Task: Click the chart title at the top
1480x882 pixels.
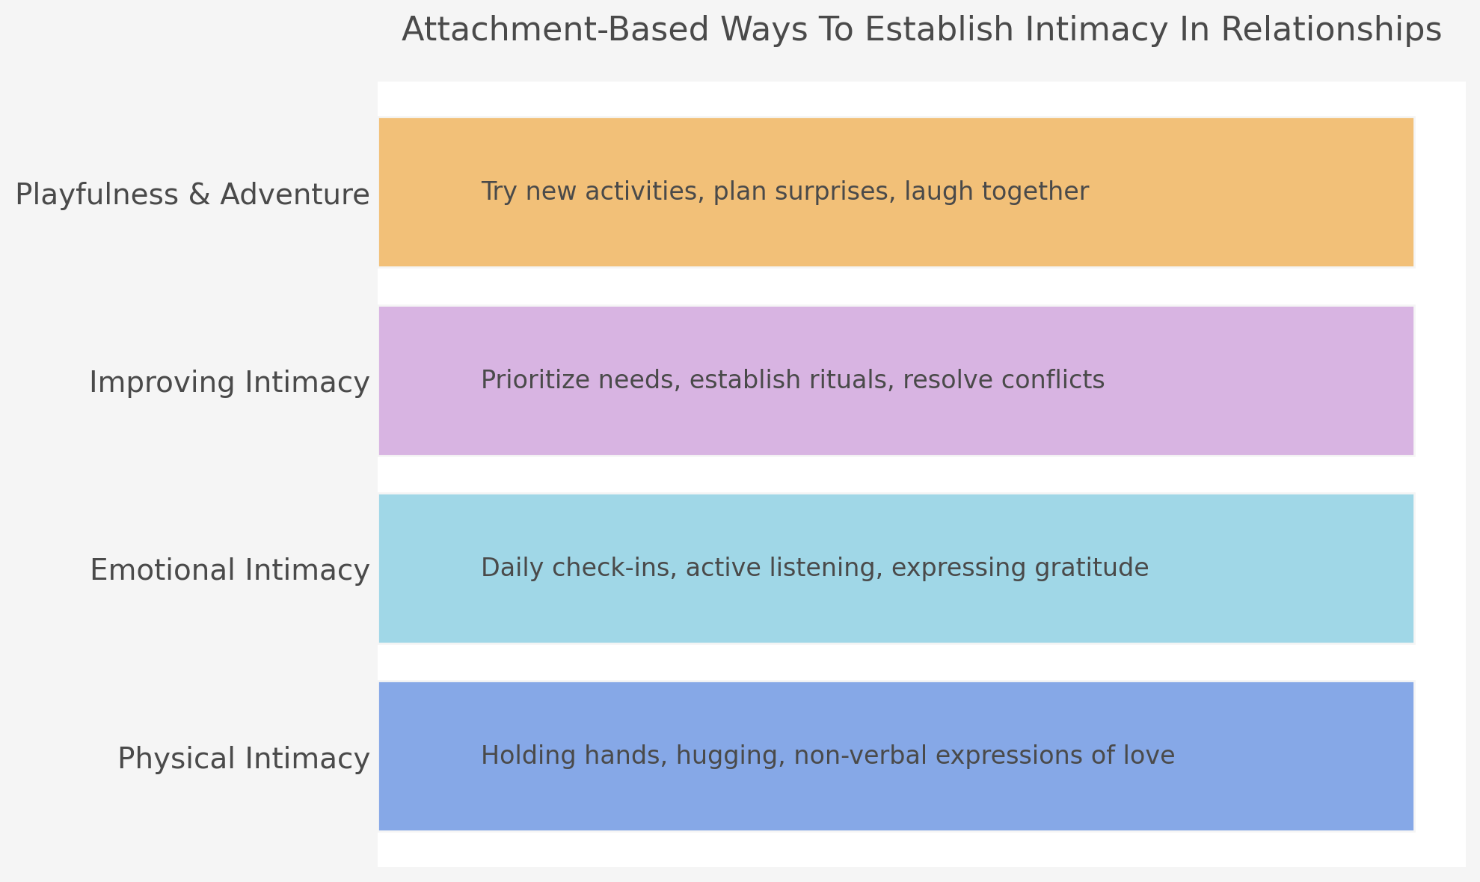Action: [x=921, y=31]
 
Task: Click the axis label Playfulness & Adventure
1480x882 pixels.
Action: [x=192, y=195]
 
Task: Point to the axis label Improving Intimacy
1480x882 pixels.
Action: [x=229, y=382]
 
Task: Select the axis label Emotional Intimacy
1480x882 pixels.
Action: [x=230, y=570]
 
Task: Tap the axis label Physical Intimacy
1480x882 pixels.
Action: [x=243, y=759]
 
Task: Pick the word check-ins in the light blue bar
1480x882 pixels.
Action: [x=622, y=568]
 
